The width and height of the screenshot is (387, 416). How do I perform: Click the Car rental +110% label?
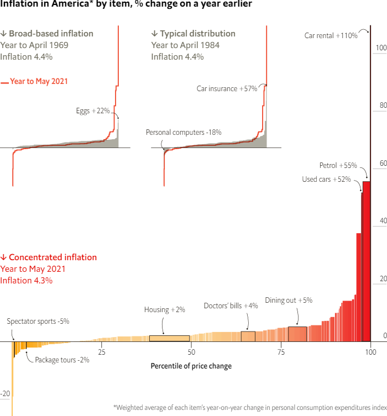tap(331, 35)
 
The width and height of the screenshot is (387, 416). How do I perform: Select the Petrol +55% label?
tap(338, 165)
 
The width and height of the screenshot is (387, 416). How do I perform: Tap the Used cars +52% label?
tap(326, 179)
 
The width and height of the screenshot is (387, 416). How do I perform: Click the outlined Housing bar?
tap(169, 338)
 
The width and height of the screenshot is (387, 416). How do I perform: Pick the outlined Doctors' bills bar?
tap(248, 336)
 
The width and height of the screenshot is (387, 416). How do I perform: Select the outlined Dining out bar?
tap(297, 334)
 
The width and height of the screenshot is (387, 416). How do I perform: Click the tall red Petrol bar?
tap(367, 260)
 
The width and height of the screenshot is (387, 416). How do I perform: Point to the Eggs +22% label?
tap(93, 111)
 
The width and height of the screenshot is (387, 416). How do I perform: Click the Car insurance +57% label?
tap(227, 88)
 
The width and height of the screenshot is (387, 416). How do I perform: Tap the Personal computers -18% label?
tap(184, 133)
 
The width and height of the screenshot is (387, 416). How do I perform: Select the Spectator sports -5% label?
tap(38, 321)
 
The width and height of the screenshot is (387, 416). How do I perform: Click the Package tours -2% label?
tap(62, 360)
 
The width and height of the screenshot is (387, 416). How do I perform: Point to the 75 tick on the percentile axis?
tap(281, 352)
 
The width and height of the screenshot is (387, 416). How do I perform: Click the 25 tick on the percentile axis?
tap(102, 352)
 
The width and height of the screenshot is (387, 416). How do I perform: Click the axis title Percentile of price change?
tap(191, 366)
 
